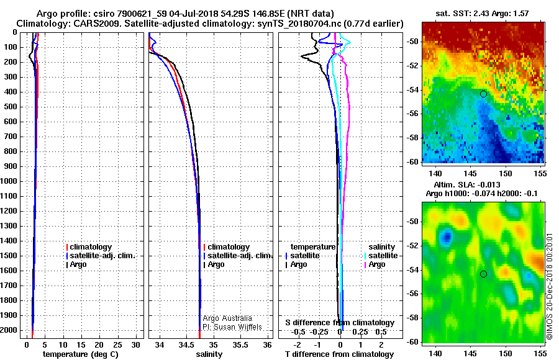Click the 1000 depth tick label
[x=9, y=181]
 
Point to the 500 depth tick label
[x=11, y=107]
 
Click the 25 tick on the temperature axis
[x=117, y=345]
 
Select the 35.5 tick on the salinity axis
[x=240, y=345]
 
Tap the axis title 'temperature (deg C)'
[x=81, y=354]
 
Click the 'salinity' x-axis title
[x=209, y=354]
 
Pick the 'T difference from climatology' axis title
[x=339, y=354]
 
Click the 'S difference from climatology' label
[x=340, y=323]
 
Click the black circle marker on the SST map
[x=483, y=94]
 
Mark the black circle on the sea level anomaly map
[x=483, y=274]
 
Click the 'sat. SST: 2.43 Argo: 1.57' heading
[x=482, y=14]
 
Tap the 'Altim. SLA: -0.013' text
[x=467, y=185]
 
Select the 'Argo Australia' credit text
[x=227, y=318]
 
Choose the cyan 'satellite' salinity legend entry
[x=383, y=256]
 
